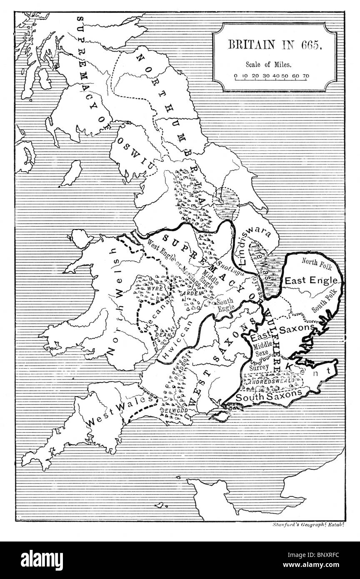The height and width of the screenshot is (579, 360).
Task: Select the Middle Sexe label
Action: pyautogui.click(x=264, y=349)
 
